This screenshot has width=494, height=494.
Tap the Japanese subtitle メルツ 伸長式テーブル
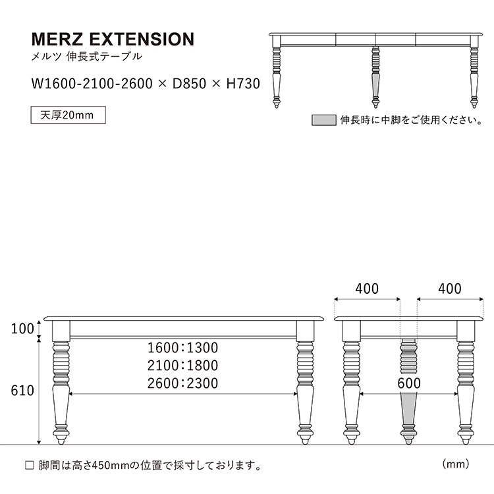tap(86, 57)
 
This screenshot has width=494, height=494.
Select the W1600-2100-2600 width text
tap(90, 84)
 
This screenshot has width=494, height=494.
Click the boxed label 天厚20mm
tap(68, 115)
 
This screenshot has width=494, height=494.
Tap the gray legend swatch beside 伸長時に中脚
tap(323, 120)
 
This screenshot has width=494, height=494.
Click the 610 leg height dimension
tap(22, 391)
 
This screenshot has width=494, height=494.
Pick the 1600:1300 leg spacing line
tap(182, 347)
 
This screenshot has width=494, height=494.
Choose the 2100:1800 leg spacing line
tap(182, 365)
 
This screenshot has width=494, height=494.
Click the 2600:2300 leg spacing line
tap(182, 383)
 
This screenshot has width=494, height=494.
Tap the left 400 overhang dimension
tap(367, 288)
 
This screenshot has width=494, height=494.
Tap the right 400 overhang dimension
tap(449, 288)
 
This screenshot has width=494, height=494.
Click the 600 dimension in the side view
tap(408, 383)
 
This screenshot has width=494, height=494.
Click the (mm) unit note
tap(455, 464)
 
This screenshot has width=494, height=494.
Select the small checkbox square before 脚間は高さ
tap(28, 465)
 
